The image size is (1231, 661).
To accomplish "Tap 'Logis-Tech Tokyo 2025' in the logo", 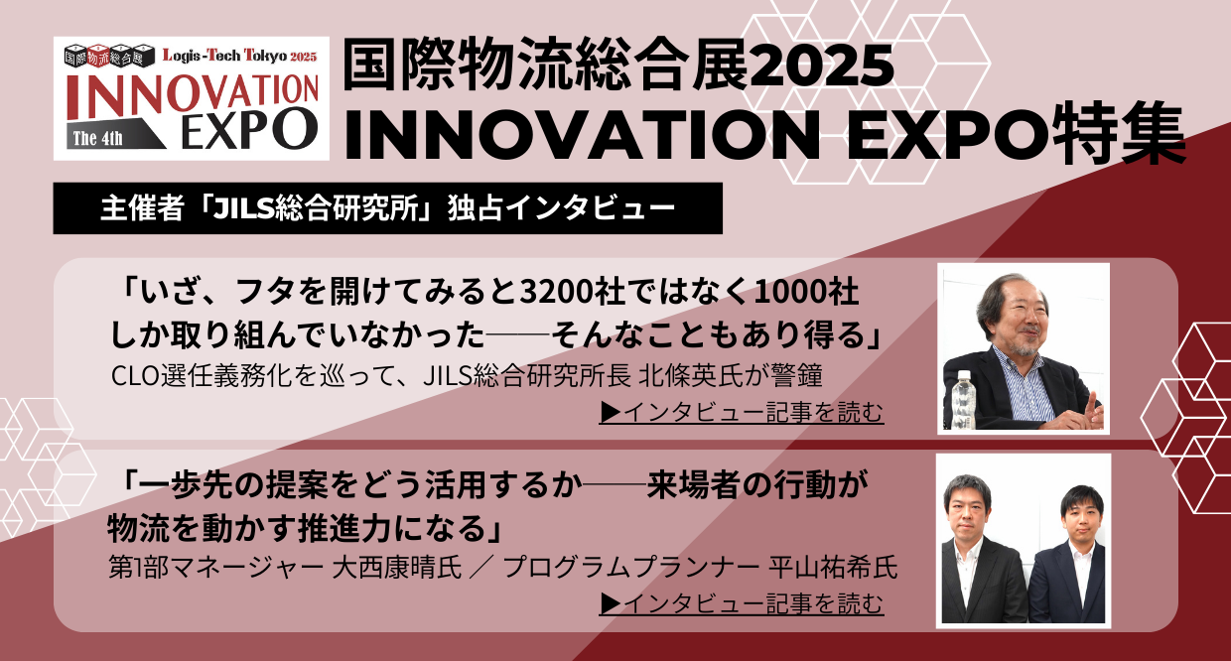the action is coord(239,55).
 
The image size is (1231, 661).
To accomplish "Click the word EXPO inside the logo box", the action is coord(249,129).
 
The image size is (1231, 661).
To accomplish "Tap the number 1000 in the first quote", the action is coord(792,292).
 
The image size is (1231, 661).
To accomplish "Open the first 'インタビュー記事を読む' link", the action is coord(742,412).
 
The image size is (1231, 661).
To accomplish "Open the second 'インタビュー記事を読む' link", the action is coord(742,603).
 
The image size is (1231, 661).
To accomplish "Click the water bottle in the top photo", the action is coord(963,399).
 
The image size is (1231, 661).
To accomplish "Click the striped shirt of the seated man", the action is coord(1024,388).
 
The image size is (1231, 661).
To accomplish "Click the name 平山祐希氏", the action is coord(833,567).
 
